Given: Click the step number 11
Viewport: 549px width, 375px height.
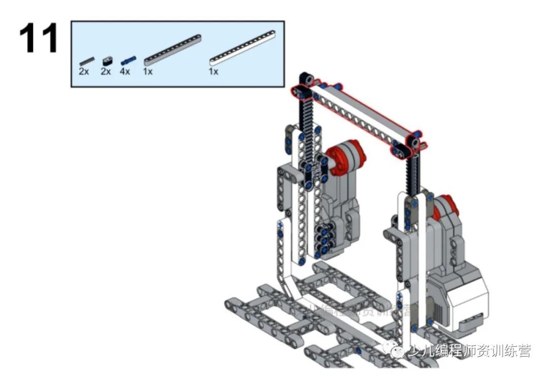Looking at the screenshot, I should coord(39,39).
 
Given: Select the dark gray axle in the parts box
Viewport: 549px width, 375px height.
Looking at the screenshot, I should coord(86,60).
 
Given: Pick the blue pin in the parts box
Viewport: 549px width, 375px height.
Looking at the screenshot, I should coord(128,60).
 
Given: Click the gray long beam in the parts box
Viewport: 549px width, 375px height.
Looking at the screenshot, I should coord(172,50).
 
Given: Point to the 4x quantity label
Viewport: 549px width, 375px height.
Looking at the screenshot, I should coord(125,72).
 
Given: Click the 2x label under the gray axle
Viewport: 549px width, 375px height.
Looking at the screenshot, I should coord(84,72).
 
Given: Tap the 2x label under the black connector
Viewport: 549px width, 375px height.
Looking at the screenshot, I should coord(106,72).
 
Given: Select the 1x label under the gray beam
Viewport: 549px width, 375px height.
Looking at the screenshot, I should coord(148,72).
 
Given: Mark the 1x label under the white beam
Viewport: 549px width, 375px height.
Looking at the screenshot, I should coord(213,72).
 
